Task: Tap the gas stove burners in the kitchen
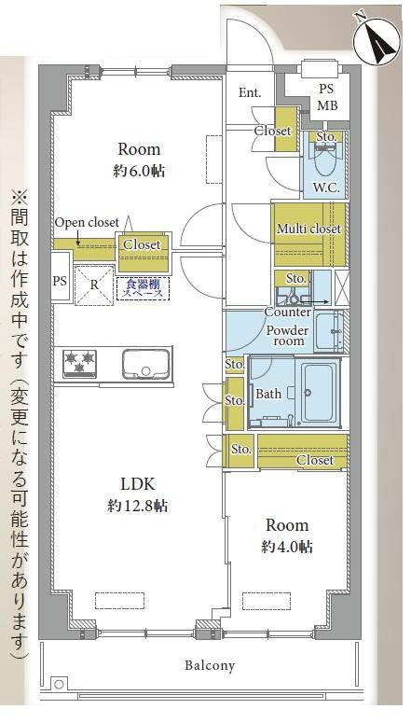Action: [x=80, y=363]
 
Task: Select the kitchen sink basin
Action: [x=145, y=364]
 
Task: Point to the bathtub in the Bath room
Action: [x=319, y=393]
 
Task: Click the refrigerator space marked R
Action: [x=94, y=285]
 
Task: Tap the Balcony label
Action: [x=210, y=665]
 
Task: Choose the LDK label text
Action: [x=137, y=484]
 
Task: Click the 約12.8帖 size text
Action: [x=137, y=506]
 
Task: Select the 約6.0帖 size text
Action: [x=139, y=172]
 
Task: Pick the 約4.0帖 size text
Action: [x=287, y=547]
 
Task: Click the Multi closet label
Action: [x=308, y=229]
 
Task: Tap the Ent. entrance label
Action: [x=250, y=92]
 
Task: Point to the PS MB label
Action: [x=328, y=97]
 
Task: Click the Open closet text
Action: [x=87, y=222]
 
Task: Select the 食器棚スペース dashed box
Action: [x=143, y=288]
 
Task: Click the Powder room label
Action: [x=288, y=336]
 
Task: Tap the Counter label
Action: [x=287, y=313]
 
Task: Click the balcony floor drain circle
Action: [x=59, y=684]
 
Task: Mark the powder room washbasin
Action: [x=329, y=330]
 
